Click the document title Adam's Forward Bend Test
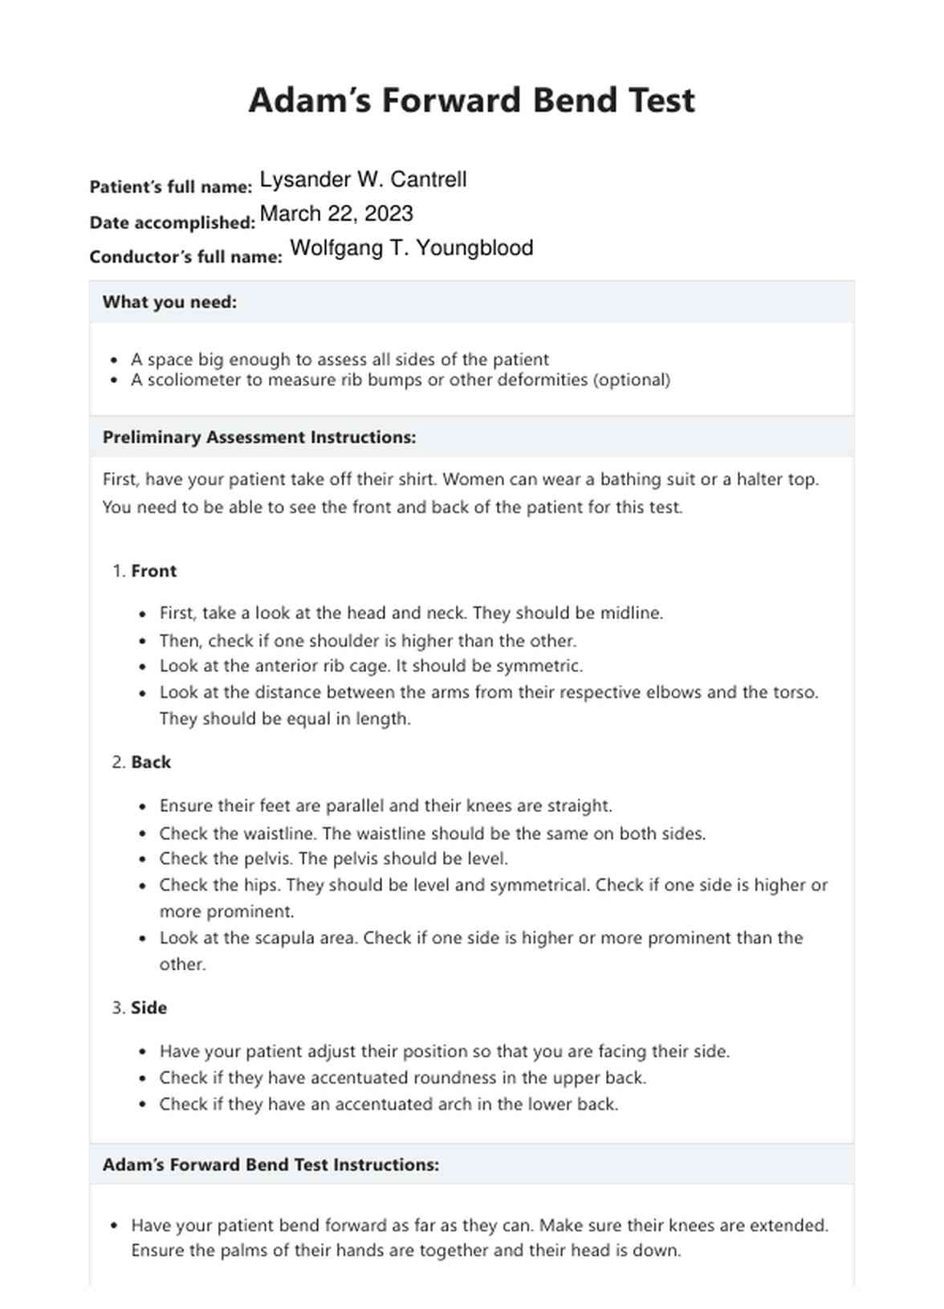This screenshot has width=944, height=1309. tap(471, 100)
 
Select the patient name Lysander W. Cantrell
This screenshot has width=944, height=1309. tap(363, 179)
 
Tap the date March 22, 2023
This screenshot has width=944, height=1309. tap(336, 214)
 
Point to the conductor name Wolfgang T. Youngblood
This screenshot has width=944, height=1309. tap(411, 248)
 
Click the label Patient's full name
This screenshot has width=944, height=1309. tap(170, 187)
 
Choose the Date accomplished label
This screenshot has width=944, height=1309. tap(172, 222)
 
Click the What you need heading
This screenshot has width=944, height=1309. tap(169, 303)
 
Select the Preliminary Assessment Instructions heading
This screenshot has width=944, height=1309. tap(258, 438)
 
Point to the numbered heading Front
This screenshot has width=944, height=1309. tap(153, 571)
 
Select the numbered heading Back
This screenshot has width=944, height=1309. tap(151, 762)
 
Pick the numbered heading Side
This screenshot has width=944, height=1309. tap(149, 1008)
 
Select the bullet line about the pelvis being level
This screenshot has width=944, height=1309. tap(333, 858)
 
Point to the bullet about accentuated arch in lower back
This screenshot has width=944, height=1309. tap(389, 1104)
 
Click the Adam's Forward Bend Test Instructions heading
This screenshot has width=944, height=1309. tap(271, 1164)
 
